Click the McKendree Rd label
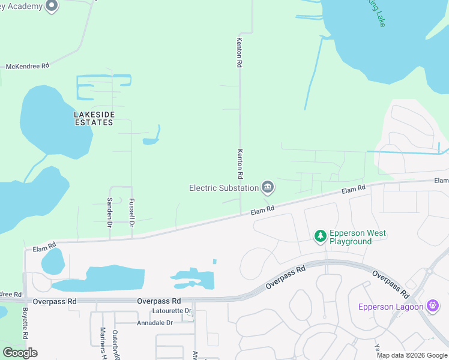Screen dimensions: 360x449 (x=28, y=66)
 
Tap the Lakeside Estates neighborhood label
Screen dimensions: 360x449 (x=94, y=118)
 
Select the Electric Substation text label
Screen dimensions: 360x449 (x=224, y=188)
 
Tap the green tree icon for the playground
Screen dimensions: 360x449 (x=321, y=236)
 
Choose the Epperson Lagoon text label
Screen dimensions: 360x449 (x=391, y=307)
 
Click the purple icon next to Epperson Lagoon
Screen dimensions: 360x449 (x=433, y=306)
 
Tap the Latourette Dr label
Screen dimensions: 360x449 (x=172, y=311)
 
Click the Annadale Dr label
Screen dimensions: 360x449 (x=155, y=322)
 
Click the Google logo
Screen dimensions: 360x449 (x=20, y=353)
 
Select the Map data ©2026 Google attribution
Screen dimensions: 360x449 (x=412, y=355)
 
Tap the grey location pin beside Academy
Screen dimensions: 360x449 (x=52, y=7)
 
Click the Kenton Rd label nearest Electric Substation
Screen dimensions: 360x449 (x=240, y=164)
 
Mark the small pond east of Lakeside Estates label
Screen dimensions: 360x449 (x=150, y=141)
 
